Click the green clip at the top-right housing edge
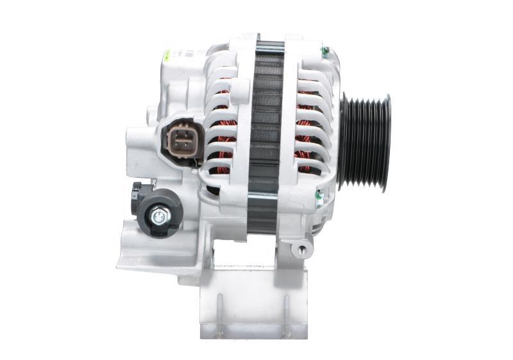[x=325, y=51]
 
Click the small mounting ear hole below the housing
[x=299, y=247]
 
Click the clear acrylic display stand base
[x=254, y=302]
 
